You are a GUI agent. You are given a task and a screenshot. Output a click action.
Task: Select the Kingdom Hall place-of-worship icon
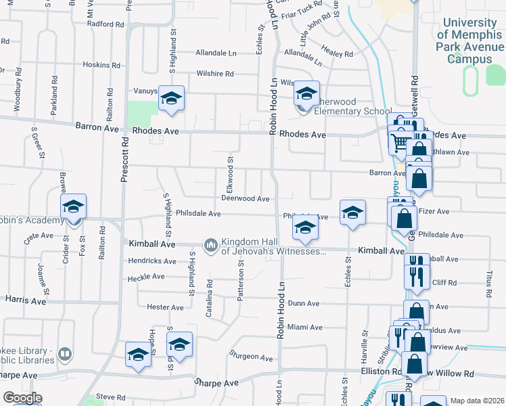pyautogui.click(x=211, y=244)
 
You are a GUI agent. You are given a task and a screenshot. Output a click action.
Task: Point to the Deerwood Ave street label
pyautogui.click(x=246, y=198)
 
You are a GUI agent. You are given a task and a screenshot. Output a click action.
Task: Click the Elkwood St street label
pyautogui.click(x=231, y=175)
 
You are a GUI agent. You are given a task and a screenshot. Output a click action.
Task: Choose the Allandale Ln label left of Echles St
pyautogui.click(x=216, y=52)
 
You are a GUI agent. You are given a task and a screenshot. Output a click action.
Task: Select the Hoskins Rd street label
pyautogui.click(x=101, y=65)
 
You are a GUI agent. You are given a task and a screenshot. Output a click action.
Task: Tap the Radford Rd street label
pyautogui.click(x=106, y=24)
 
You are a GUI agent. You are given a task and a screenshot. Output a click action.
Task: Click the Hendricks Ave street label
pyautogui.click(x=152, y=261)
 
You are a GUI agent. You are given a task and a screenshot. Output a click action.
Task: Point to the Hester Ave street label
pyautogui.click(x=166, y=307)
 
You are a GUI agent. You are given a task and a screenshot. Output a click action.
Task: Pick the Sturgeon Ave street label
pyautogui.click(x=250, y=357)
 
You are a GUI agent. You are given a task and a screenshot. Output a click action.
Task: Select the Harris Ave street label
pyautogui.click(x=25, y=298)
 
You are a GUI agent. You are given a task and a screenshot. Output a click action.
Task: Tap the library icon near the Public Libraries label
pyautogui.click(x=65, y=354)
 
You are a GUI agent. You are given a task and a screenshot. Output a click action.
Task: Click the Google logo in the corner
pyautogui.click(x=23, y=398)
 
